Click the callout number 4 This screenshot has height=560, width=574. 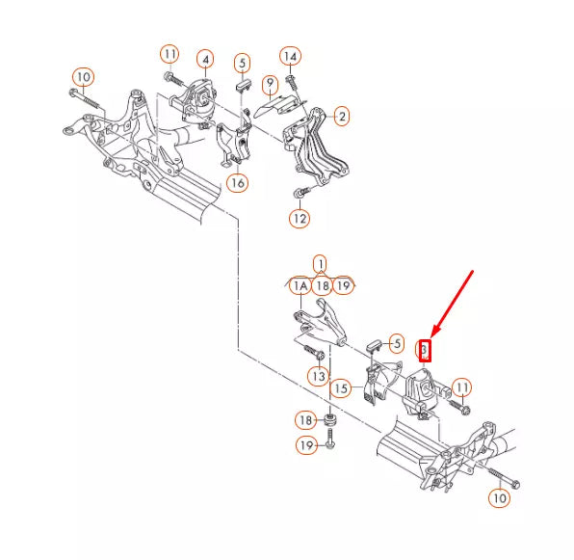[x=205, y=60]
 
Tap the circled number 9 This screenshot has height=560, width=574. [x=271, y=84]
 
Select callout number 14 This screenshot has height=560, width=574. [x=290, y=57]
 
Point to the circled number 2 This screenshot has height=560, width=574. [x=342, y=117]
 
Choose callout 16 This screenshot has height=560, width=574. [x=238, y=182]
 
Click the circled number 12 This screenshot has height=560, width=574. [x=300, y=218]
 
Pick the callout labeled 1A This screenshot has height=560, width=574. [x=300, y=286]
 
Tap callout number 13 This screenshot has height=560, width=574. [x=319, y=376]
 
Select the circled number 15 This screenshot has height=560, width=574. [x=341, y=388]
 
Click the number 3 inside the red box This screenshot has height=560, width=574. [x=425, y=350]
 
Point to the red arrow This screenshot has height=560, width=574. [x=453, y=304]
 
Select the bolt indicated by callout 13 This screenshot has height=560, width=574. [x=314, y=351]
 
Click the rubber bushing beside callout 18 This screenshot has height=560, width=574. [x=330, y=419]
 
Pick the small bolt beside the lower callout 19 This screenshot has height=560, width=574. [x=330, y=439]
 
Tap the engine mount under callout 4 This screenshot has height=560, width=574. [x=194, y=101]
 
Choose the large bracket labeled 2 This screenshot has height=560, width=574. [x=316, y=147]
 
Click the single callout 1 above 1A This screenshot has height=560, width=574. [x=321, y=264]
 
